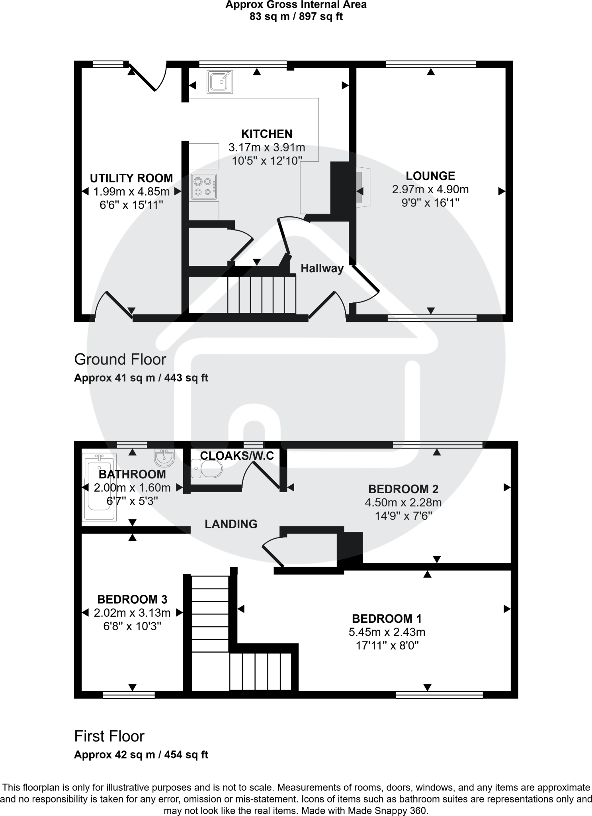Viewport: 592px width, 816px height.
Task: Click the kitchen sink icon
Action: coord(219,82)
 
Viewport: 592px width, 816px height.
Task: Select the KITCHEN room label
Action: coord(267,134)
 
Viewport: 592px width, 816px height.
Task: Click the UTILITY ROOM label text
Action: coord(131,178)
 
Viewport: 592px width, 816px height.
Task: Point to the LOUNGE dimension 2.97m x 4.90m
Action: coord(430,189)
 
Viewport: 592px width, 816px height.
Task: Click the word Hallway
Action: coord(322,269)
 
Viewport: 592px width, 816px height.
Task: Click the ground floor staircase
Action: coord(262,295)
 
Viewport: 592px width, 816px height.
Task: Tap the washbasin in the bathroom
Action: coord(164,458)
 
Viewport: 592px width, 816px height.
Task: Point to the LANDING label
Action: coord(231,524)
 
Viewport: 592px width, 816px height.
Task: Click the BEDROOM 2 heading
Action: coord(403,489)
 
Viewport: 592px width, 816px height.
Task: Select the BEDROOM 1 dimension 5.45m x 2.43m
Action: coord(387,632)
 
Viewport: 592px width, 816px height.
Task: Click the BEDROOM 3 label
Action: coord(132,599)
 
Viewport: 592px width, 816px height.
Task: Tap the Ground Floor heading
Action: coord(120,359)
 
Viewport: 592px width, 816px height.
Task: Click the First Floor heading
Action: coord(109,736)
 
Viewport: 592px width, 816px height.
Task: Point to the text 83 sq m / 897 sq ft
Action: coord(296,17)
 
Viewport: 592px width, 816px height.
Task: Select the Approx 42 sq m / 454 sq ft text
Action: coord(141,755)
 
